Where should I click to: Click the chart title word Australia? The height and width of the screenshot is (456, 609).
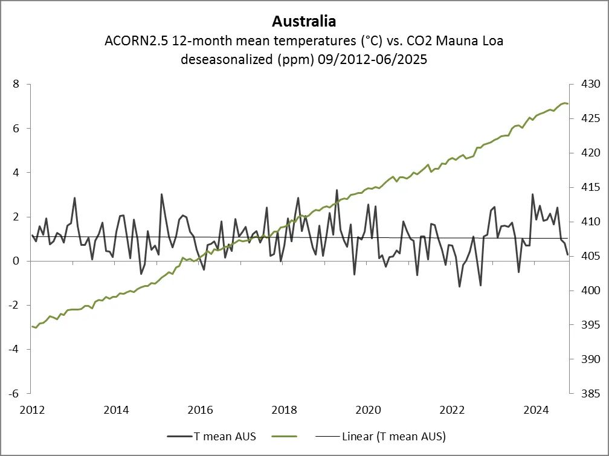click(x=304, y=21)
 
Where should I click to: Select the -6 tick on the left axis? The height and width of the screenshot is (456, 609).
click(x=14, y=393)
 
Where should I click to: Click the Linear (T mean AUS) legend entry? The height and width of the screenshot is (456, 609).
click(x=393, y=436)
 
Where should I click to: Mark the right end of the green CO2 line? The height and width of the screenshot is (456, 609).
click(x=567, y=104)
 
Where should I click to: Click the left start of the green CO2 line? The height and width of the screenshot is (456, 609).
click(x=32, y=327)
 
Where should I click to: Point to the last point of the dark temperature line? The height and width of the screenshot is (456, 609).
click(x=567, y=254)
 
